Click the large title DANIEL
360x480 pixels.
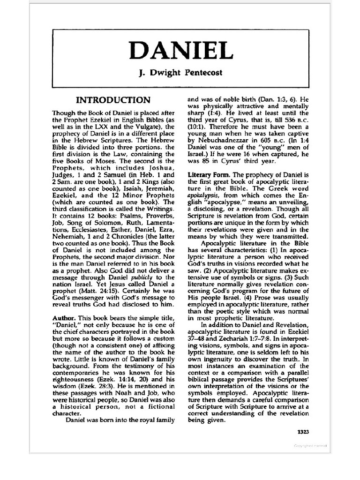180,50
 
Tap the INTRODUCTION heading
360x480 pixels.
114,100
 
